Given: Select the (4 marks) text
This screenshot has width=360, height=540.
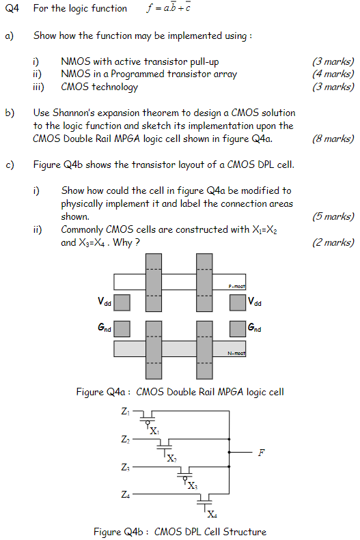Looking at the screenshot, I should tap(333, 74).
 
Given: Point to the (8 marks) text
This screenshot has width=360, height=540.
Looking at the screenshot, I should tap(333, 139).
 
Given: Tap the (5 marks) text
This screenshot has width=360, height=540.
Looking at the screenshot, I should tap(333, 216).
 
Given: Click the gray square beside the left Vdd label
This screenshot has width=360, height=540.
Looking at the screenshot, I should tap(122, 302).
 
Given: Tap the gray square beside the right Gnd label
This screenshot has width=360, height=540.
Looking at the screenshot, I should tap(237, 328).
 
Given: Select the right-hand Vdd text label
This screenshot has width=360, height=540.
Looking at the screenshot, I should tap(255, 302).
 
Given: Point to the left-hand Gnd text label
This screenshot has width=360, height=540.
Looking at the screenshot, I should tap(104, 328).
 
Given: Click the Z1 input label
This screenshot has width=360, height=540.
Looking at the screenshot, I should tap(125, 412).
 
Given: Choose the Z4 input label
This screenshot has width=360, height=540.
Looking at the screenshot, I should tap(125, 493).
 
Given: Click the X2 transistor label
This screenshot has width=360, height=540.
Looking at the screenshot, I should tap(172, 459).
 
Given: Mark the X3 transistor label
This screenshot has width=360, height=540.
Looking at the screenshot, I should tap(193, 486).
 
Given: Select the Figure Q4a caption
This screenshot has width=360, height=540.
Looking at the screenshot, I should tap(180, 392).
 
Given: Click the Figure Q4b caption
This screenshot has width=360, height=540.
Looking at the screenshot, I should tap(180, 531).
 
